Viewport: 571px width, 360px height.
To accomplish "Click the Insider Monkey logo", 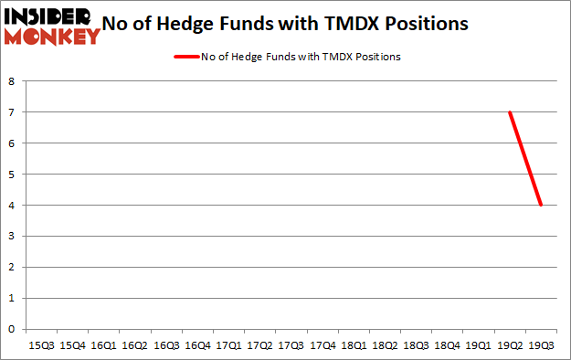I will coord(51,26).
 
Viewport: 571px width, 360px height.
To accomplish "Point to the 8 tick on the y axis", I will coord(12,81).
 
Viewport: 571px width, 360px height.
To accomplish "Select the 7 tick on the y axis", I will coord(12,112).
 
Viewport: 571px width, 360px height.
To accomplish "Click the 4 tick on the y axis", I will coord(12,206).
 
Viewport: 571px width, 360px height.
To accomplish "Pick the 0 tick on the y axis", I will coord(12,329).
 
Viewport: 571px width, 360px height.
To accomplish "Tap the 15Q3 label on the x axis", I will coord(41,346).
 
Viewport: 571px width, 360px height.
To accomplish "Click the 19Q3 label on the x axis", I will coord(542,346).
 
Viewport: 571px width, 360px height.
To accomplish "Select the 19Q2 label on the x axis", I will coord(510,346).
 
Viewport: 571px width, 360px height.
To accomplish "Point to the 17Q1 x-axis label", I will coord(228,346).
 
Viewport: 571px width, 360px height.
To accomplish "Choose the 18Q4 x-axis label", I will coord(448,346).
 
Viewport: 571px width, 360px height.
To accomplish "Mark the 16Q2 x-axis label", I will coord(134,346).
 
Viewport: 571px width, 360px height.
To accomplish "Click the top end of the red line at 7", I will coord(510,112).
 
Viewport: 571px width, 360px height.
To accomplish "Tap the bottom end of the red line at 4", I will coord(541,205).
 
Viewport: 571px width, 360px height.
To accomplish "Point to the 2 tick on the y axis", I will coord(12,267).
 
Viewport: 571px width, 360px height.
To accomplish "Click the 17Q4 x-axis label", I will coord(323,346).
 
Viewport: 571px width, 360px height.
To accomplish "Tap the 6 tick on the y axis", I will coord(12,143).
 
